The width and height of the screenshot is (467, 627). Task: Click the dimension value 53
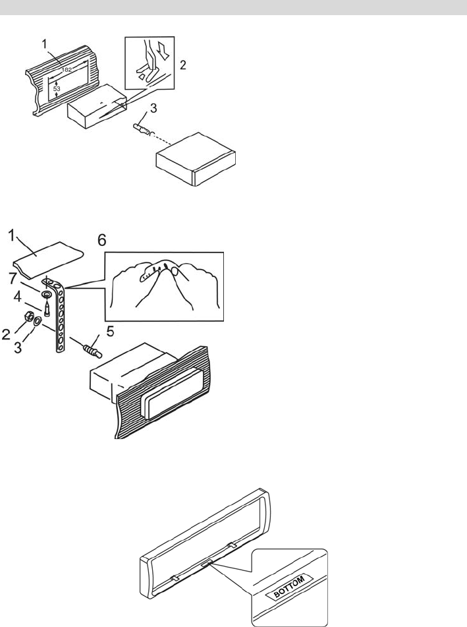click(x=57, y=88)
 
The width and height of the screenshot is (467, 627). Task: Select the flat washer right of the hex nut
click(x=38, y=321)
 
